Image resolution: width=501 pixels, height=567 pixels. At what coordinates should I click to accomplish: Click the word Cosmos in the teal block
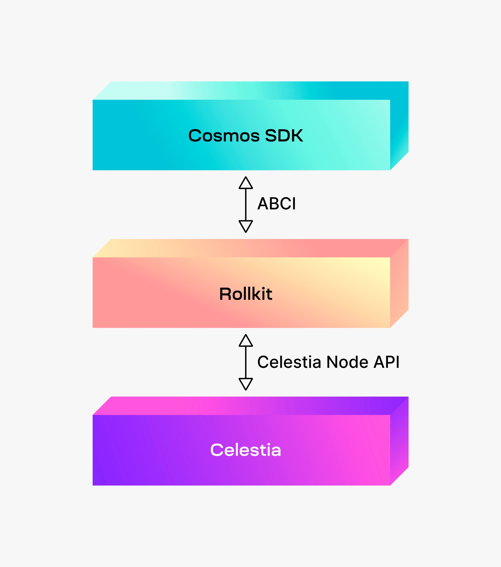[224, 136]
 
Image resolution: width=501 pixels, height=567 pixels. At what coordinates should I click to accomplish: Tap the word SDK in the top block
[284, 136]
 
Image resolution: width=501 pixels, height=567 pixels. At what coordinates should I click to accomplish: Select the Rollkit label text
[246, 294]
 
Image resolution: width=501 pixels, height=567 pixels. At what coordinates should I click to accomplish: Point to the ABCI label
[277, 204]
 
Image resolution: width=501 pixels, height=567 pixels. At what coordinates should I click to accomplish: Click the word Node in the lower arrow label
[347, 362]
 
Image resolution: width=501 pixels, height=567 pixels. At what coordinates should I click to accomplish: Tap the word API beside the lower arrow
[386, 362]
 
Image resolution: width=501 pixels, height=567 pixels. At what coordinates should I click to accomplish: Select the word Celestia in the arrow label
[289, 362]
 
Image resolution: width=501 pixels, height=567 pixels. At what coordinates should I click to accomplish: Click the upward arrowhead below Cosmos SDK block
[246, 183]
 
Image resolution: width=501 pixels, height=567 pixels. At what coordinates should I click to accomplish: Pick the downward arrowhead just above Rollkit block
[246, 226]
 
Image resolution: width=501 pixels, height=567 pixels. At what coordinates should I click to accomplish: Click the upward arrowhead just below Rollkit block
[246, 340]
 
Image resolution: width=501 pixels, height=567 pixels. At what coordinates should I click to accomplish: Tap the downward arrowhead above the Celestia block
[246, 384]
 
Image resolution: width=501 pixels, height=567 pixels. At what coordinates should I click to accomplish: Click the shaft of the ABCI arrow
[246, 205]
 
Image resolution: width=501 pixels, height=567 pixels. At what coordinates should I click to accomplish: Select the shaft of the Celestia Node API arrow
[246, 362]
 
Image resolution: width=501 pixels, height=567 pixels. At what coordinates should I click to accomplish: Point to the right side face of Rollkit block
[399, 283]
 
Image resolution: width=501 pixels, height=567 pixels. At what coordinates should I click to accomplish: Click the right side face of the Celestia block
[399, 441]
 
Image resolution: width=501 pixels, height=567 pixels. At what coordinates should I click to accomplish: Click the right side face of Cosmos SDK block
[399, 126]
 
